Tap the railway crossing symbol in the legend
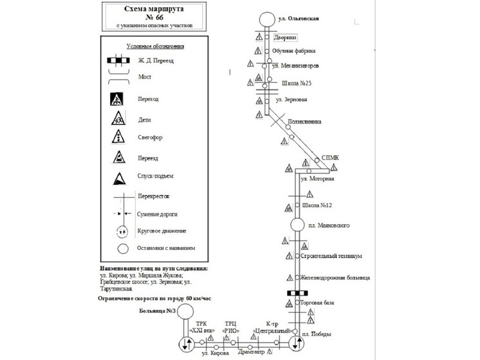point(116,61)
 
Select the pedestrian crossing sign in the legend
point(118,100)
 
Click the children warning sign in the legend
point(118,118)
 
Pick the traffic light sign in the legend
point(118,138)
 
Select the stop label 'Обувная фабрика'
point(293,51)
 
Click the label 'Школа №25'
point(297,84)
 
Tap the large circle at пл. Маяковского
point(297,225)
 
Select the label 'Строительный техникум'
point(331,256)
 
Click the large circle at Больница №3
point(185,312)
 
